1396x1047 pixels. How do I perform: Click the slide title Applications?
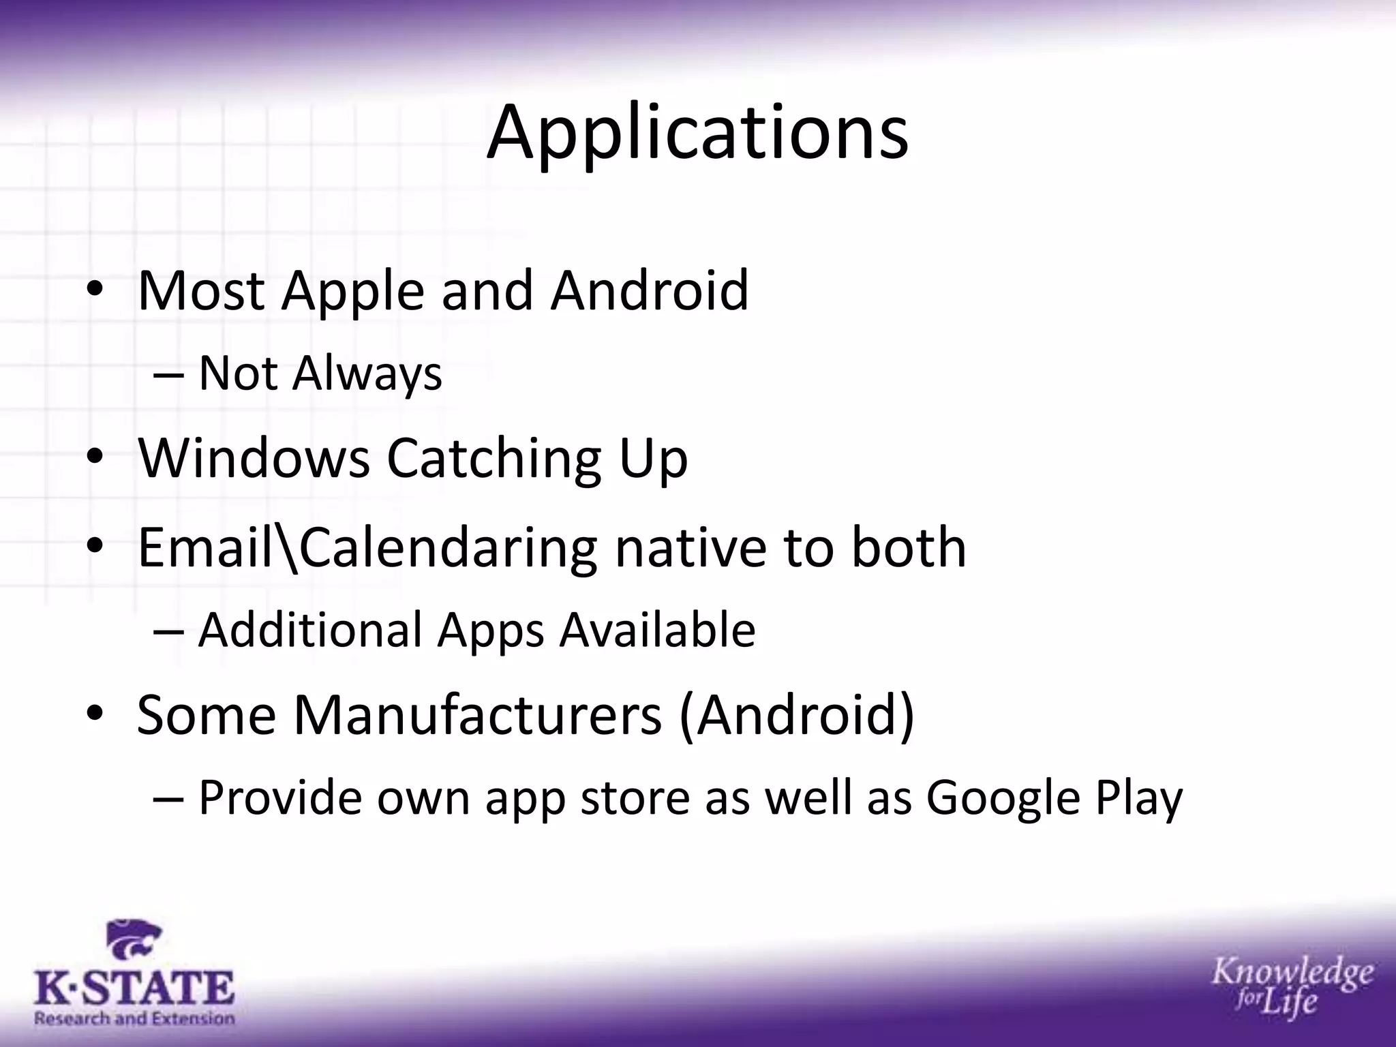(697, 133)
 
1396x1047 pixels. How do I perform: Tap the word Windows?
(254, 458)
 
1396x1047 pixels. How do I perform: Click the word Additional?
(310, 630)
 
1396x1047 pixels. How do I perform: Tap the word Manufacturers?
(478, 715)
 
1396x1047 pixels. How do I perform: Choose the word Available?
(657, 630)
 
